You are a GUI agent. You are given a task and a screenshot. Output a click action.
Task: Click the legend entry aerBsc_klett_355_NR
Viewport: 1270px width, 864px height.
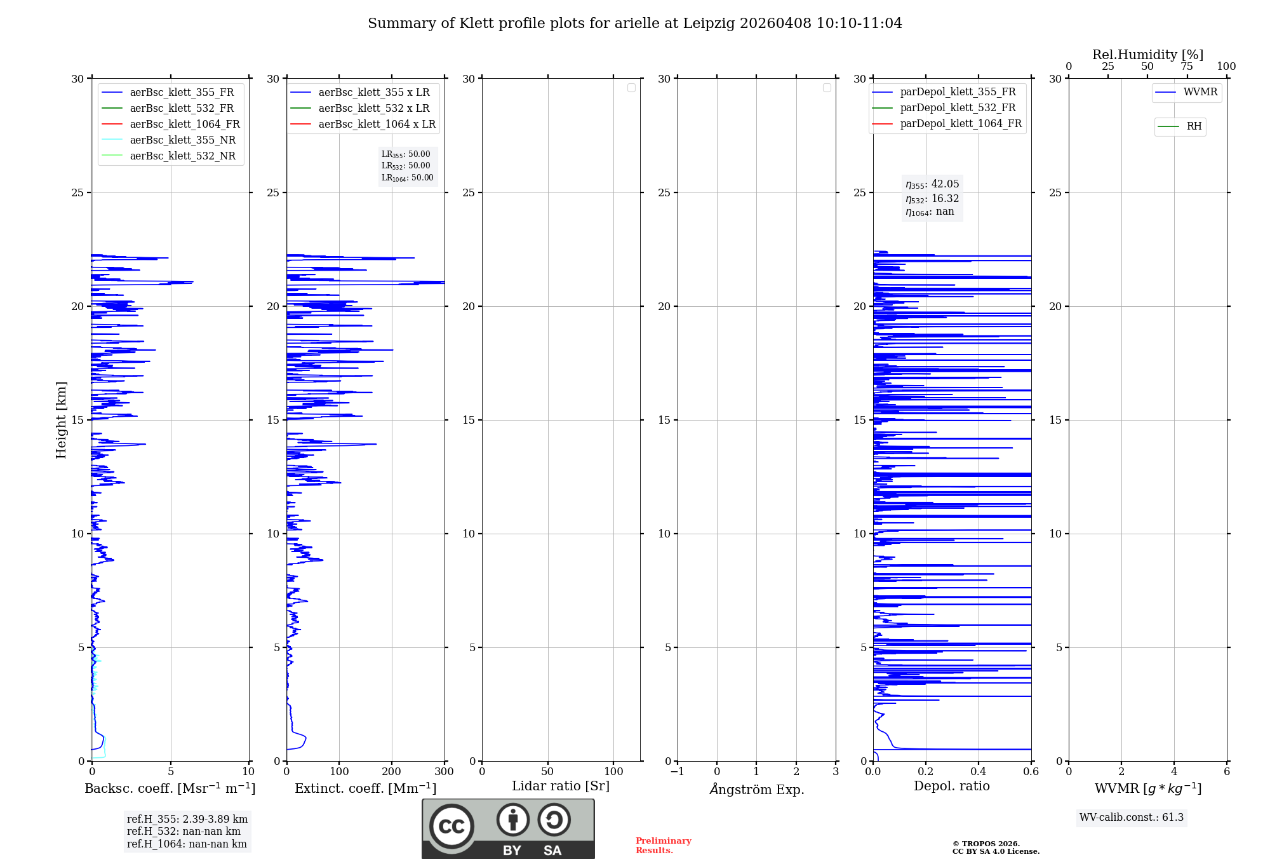coord(182,140)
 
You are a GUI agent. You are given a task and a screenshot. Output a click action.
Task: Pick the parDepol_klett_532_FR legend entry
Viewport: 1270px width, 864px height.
coord(958,107)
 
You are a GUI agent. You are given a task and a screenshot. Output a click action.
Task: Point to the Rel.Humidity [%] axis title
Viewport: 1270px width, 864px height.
coord(1147,55)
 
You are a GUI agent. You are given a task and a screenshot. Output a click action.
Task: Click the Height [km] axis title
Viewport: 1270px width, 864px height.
coord(61,420)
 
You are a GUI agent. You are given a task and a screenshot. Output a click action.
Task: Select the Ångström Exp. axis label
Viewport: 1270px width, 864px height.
coord(756,789)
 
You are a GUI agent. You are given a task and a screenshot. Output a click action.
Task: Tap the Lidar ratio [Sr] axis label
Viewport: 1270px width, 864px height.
coord(560,786)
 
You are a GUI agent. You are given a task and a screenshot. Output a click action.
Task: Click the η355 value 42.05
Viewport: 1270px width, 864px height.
coord(945,184)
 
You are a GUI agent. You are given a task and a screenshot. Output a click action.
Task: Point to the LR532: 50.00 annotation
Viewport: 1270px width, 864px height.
coord(406,166)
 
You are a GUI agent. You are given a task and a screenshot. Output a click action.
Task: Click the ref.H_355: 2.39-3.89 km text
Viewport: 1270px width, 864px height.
coord(187,819)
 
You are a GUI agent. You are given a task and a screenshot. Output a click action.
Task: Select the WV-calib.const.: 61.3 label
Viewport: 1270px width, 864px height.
coord(1131,817)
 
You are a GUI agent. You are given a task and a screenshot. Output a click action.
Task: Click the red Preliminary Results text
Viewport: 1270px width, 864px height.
coord(663,846)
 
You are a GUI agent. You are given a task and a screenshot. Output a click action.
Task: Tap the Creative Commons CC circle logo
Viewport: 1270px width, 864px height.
coord(451,827)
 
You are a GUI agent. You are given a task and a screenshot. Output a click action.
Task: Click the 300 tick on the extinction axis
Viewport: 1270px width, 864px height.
coord(444,771)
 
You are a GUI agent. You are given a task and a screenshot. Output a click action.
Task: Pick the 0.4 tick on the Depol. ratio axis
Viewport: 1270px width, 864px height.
coord(978,771)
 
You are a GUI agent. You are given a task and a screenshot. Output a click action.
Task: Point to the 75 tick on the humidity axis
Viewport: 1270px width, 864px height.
coord(1186,66)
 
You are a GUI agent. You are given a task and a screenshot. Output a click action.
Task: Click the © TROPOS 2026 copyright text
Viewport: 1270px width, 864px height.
coord(986,844)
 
